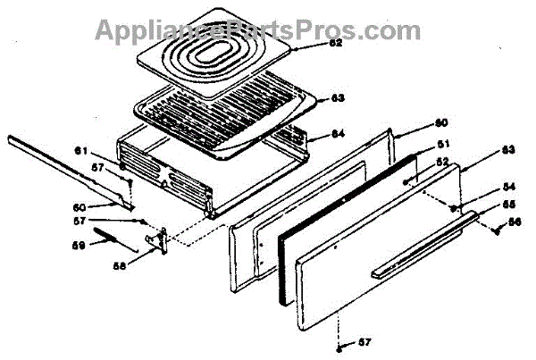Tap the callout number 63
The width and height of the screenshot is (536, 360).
tap(314, 98)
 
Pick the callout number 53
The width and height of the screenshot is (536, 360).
tap(507, 151)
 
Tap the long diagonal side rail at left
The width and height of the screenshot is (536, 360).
tap(71, 171)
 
